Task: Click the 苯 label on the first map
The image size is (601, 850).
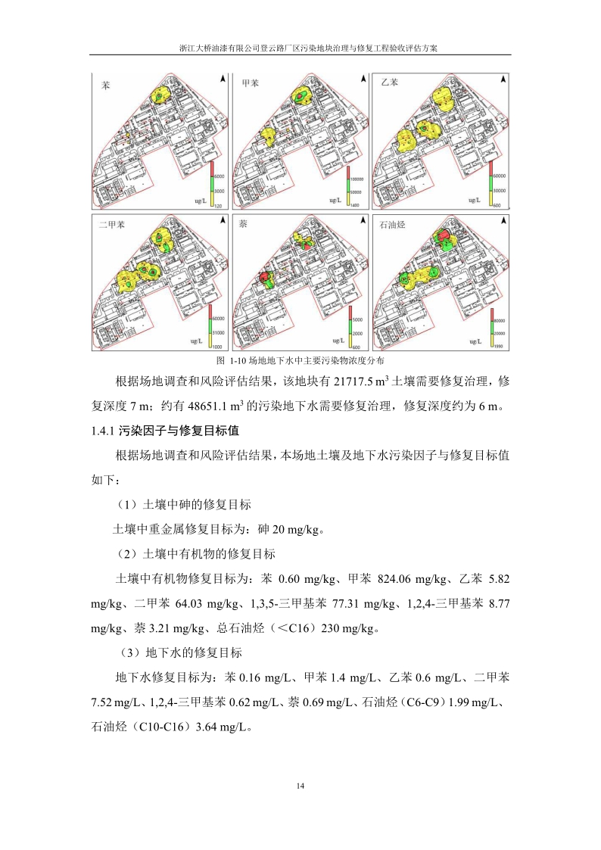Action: pyautogui.click(x=105, y=86)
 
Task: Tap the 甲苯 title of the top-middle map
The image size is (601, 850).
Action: pyautogui.click(x=251, y=83)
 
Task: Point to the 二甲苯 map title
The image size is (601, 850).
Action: pyautogui.click(x=112, y=225)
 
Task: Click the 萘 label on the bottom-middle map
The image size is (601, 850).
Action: pyautogui.click(x=244, y=225)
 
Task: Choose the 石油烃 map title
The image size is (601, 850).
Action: pyautogui.click(x=392, y=224)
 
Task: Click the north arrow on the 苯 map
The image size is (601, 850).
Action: pyautogui.click(x=222, y=79)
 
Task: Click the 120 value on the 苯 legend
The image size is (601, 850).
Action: pyautogui.click(x=217, y=205)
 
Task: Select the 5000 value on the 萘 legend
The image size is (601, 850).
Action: pyautogui.click(x=357, y=320)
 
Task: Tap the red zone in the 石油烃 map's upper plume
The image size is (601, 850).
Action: pyautogui.click(x=441, y=236)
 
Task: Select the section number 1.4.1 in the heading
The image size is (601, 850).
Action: pyautogui.click(x=102, y=431)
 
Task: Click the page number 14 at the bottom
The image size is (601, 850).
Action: pyautogui.click(x=300, y=786)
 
